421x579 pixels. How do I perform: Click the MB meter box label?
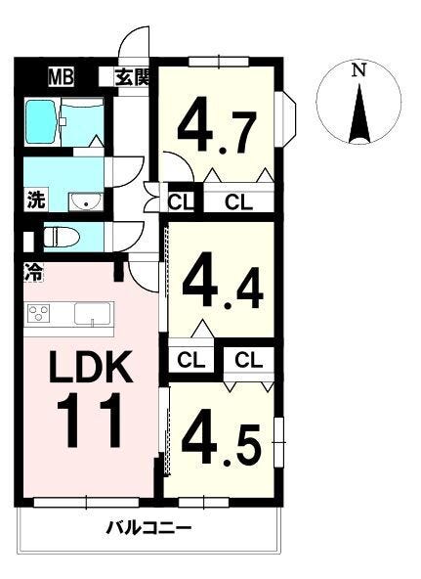coord(62,77)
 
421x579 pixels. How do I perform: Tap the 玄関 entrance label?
coord(133,77)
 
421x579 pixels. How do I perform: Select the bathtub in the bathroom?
coord(41,122)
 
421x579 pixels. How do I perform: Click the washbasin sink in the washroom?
coord(86,202)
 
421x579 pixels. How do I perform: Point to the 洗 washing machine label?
coord(35,200)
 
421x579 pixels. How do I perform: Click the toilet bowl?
coord(61,237)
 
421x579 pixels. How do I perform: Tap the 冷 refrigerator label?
coord(33,273)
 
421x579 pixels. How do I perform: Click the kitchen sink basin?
coord(93,314)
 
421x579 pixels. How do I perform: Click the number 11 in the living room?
coord(89,420)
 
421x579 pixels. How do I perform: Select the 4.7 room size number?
coord(217,125)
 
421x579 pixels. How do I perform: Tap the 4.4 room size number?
coord(223,280)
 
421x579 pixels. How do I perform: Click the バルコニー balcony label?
coord(148,529)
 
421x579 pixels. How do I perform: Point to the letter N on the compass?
coord(358,69)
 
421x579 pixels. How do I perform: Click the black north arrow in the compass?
coord(359,113)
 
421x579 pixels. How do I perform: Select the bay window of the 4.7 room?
coord(287,119)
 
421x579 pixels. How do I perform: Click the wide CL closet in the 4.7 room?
coord(239,201)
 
